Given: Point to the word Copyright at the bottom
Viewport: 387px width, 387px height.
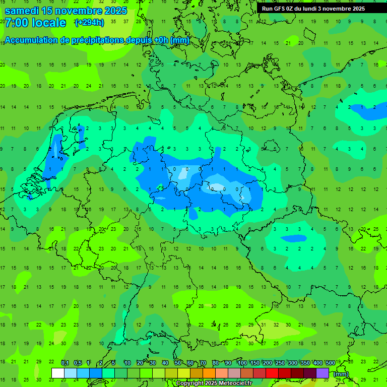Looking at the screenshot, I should [191, 383].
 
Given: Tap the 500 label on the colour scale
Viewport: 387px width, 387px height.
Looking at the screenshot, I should [330, 363].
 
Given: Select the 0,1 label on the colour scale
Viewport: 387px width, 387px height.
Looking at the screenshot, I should [64, 363].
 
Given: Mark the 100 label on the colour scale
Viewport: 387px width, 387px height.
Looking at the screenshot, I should [242, 363].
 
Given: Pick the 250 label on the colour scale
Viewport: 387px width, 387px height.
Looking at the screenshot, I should [280, 363].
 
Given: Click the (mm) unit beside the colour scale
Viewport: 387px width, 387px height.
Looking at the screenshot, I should [341, 373].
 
